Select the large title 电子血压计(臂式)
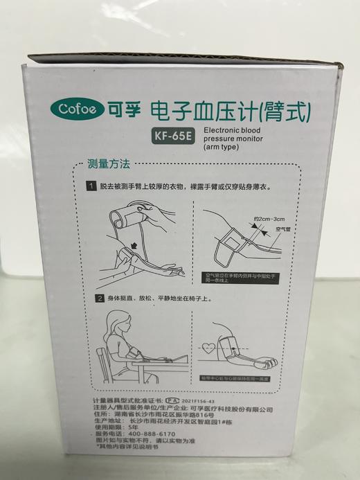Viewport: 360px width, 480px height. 229,109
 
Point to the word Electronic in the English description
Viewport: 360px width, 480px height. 220,129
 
